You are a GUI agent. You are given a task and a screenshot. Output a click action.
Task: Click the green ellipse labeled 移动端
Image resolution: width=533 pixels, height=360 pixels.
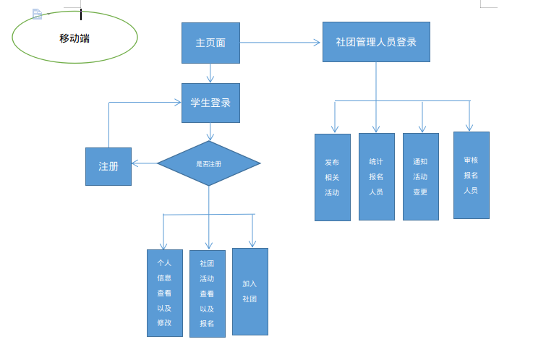point(74,37)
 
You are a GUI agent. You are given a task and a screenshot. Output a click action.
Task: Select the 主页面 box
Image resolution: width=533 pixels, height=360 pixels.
point(210,43)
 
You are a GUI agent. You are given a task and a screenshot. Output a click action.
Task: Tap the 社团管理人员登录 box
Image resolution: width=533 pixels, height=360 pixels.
point(376,42)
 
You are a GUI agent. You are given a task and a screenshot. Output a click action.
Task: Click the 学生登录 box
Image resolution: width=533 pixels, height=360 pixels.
point(210,103)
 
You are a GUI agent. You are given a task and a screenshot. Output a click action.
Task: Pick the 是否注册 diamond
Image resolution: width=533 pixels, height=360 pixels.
point(208,163)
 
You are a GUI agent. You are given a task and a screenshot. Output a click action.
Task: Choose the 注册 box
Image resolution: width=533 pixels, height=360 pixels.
point(108,166)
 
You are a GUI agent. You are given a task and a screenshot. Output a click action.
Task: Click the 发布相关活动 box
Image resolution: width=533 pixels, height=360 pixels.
point(332,177)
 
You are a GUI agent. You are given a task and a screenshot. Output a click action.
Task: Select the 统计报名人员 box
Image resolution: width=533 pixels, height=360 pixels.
point(376,176)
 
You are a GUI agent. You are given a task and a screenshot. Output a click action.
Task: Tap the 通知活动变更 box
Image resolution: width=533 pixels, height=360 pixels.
point(420,176)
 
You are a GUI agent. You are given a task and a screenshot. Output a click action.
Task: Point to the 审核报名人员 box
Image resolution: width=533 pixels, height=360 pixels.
point(471,175)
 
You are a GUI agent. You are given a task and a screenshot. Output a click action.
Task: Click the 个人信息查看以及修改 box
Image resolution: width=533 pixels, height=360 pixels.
point(164,293)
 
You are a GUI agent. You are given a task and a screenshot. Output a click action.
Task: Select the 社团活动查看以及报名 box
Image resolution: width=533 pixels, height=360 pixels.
point(207,293)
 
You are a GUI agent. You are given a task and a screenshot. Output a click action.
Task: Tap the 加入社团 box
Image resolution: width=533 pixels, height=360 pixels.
point(250,291)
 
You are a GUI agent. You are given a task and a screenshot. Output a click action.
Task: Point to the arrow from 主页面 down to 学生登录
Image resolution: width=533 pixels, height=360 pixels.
point(210,72)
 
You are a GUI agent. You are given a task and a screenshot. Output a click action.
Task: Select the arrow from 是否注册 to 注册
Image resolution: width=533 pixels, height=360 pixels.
point(145,163)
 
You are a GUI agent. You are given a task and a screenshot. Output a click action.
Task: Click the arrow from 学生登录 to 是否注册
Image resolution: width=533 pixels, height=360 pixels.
point(210,131)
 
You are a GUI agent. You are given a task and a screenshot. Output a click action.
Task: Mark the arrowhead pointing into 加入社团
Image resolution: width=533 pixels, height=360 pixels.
point(252,243)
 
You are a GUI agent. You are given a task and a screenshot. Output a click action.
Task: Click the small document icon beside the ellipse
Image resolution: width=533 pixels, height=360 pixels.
point(38,14)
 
